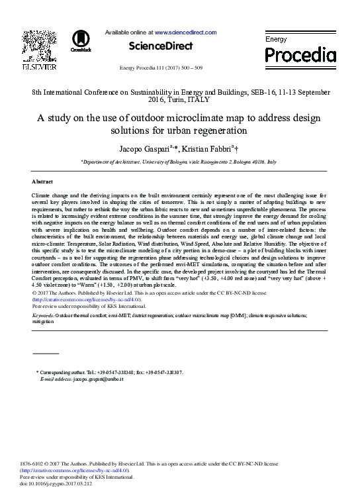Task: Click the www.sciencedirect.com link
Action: pyautogui.click(x=185, y=32)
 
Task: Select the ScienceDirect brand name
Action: pyautogui.click(x=160, y=46)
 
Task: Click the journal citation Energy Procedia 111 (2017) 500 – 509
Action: pyautogui.click(x=160, y=68)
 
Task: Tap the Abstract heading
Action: pyautogui.click(x=42, y=181)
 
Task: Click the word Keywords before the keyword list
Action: pyautogui.click(x=43, y=316)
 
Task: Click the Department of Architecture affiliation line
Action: pyautogui.click(x=179, y=162)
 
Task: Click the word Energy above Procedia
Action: pyautogui.click(x=276, y=40)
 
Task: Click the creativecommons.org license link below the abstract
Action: pyautogui.click(x=86, y=299)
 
